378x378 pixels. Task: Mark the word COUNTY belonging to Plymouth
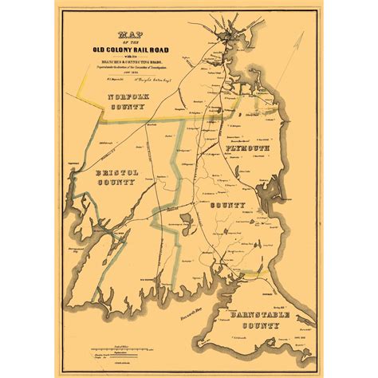coord(227,206)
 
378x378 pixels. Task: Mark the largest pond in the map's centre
coord(188,220)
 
